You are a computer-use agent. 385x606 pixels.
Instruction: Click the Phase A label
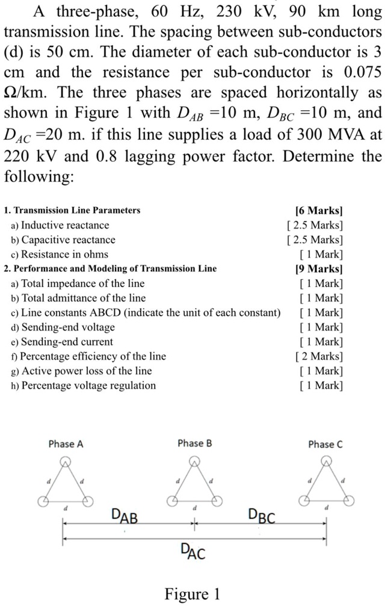click(66, 444)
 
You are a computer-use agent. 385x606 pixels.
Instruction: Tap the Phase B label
click(195, 444)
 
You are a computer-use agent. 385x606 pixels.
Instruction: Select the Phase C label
click(325, 444)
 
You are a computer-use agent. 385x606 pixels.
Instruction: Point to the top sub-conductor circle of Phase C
click(325, 462)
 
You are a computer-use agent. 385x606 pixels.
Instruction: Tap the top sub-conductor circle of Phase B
click(194, 462)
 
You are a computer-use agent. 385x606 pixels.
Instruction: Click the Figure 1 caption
click(192, 594)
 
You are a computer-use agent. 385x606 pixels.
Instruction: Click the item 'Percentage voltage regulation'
click(88, 385)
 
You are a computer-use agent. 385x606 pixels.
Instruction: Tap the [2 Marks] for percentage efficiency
click(319, 356)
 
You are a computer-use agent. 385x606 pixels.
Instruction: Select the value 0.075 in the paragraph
click(360, 72)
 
